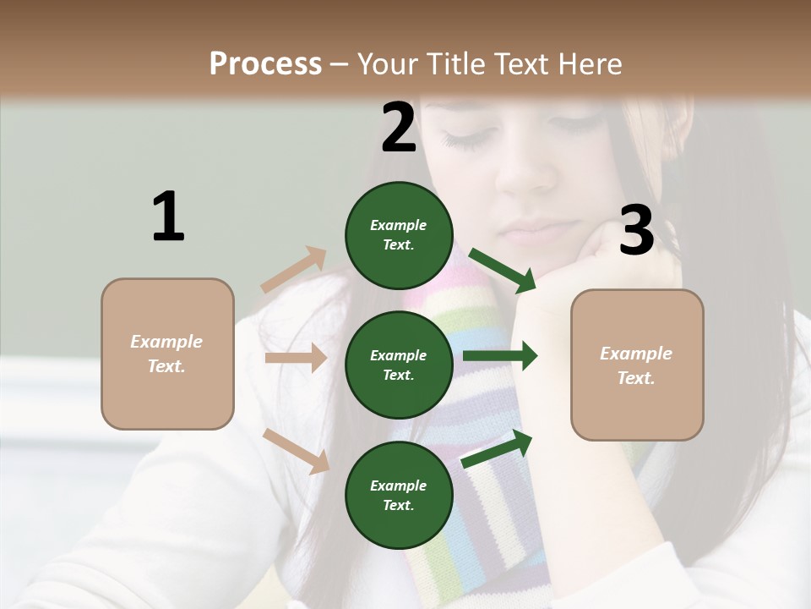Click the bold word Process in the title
(265, 63)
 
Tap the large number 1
(168, 217)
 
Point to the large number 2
(399, 127)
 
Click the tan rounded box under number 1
(167, 354)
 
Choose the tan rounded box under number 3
(637, 365)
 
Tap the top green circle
(399, 235)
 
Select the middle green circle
(399, 365)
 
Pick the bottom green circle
(399, 495)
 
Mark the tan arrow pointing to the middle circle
(296, 358)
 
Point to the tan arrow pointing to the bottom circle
(297, 450)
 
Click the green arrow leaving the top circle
(503, 270)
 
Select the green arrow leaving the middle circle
(500, 356)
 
